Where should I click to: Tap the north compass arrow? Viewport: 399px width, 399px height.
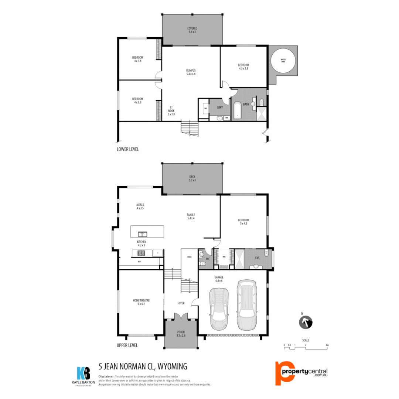click(306, 322)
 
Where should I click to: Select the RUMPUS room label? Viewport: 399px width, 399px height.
click(191, 72)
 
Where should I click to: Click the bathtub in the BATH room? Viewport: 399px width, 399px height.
click(237, 110)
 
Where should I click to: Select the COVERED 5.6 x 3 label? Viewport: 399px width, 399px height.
click(192, 30)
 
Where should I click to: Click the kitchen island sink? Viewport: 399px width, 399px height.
click(142, 234)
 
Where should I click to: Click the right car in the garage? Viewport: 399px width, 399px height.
click(246, 305)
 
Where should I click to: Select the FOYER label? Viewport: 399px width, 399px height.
click(181, 303)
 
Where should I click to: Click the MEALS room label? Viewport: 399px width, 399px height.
click(140, 207)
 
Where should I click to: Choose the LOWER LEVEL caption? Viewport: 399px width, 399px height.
click(128, 149)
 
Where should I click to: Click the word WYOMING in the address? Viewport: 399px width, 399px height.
click(172, 366)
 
